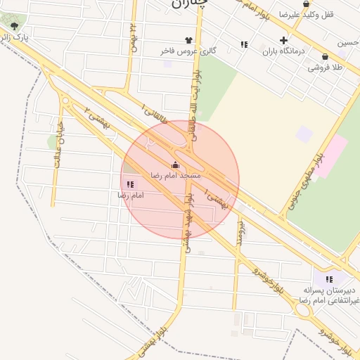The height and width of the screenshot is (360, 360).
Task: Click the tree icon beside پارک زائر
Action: point(14,26)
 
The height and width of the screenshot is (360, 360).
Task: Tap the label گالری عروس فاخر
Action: point(188,51)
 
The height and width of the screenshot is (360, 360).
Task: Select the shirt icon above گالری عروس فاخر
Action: point(188,40)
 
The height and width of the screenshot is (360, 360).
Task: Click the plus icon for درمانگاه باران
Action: point(283,40)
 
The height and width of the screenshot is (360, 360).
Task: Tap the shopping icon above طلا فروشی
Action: point(325,57)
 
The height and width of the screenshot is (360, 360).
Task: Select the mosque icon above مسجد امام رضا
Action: point(175,165)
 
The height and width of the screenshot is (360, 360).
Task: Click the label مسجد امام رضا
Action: point(176,174)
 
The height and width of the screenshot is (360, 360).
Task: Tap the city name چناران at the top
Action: point(190,4)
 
